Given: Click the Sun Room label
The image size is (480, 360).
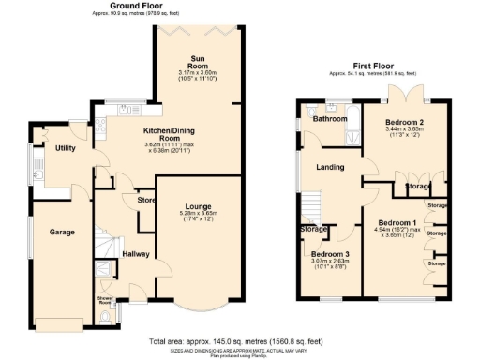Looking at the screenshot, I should click(x=198, y=62).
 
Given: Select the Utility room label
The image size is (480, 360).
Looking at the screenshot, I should click(x=65, y=148).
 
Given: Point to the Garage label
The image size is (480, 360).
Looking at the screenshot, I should click(x=62, y=232).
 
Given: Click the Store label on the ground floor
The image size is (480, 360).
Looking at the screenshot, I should click(x=145, y=200).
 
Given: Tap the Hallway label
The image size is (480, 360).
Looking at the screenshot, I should click(x=136, y=253).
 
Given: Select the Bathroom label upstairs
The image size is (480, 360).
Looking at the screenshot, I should click(x=330, y=120).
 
